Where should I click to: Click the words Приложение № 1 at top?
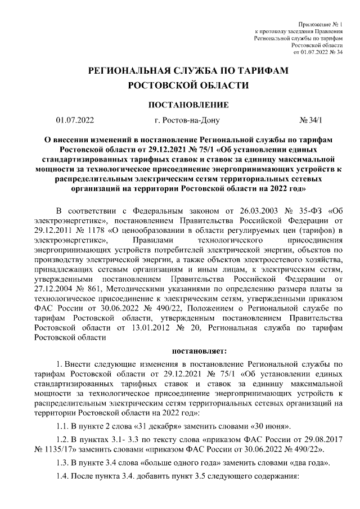pyautogui.click(x=322, y=24)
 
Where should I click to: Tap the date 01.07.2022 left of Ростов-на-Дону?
pyautogui.click(x=75, y=120)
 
